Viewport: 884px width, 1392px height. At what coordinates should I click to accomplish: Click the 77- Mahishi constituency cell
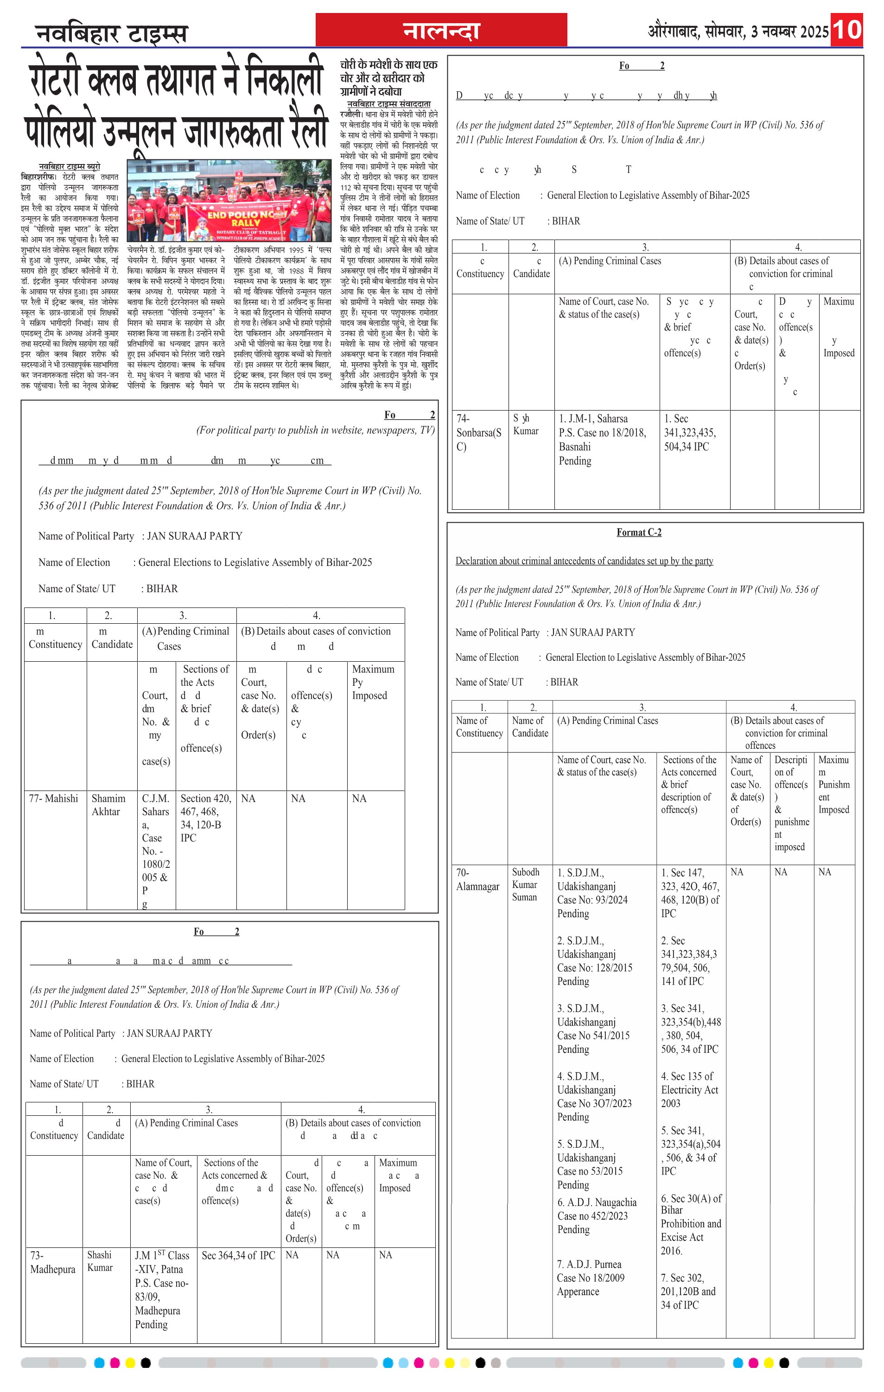[x=53, y=798]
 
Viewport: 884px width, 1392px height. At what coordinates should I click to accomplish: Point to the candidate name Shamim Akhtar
[x=108, y=805]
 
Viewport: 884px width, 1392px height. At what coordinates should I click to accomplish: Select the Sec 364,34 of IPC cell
[x=238, y=1255]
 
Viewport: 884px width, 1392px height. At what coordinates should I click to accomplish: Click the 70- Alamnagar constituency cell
[x=477, y=879]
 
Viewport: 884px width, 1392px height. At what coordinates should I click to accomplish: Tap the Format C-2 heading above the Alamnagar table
[x=639, y=532]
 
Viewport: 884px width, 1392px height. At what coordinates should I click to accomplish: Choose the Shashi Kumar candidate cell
[x=100, y=1261]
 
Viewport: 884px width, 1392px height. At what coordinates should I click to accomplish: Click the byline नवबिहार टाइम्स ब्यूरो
[x=70, y=166]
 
